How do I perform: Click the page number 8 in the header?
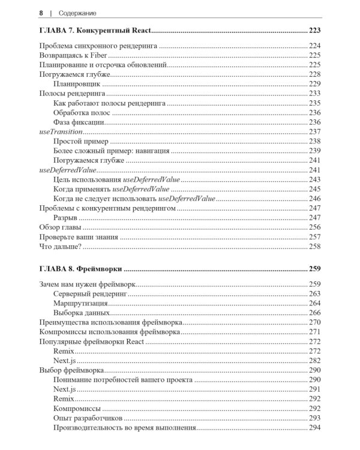pos(40,13)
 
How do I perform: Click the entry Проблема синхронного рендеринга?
pos(98,46)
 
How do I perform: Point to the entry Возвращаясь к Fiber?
pos(71,55)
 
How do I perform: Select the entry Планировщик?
pos(76,84)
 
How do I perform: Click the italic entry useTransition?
pos(60,131)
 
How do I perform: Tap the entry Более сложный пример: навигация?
pos(111,151)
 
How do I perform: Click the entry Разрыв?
pos(65,218)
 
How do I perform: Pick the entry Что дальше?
pos(60,247)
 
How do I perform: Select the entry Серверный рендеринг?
pos(91,294)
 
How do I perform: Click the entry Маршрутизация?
pos(80,304)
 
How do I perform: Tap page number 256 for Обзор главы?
pos(315,227)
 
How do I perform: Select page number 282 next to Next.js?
pos(315,361)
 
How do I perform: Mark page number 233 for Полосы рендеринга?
pos(315,94)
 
